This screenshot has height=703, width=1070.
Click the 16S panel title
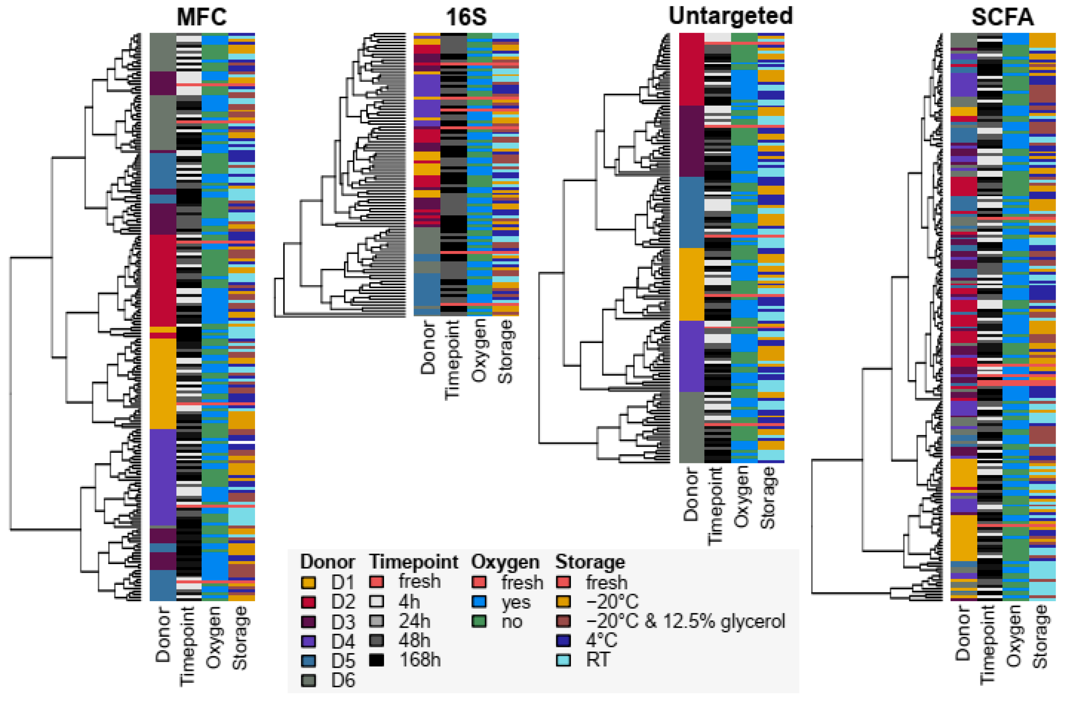coord(466,17)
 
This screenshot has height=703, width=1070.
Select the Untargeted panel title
coord(731,16)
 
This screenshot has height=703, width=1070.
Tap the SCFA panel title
coord(1002,17)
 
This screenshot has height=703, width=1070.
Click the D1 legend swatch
coord(308,583)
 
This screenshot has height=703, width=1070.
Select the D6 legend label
coord(343,680)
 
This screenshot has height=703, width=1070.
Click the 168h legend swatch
coord(377,660)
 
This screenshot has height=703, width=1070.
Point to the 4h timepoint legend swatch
coord(377,602)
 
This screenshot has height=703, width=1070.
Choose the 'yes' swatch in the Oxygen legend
coord(479,602)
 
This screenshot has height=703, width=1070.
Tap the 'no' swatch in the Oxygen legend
coord(479,622)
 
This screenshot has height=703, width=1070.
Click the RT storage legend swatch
coord(564,660)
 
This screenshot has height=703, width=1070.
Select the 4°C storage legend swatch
coord(564,641)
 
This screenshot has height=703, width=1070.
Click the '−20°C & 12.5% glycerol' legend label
coord(685,622)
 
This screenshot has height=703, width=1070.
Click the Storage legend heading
coord(590,562)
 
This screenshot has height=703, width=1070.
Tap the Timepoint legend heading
coord(414,562)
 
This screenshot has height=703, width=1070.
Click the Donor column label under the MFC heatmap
coord(163,634)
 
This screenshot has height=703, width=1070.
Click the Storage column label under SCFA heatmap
coord(1041,636)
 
